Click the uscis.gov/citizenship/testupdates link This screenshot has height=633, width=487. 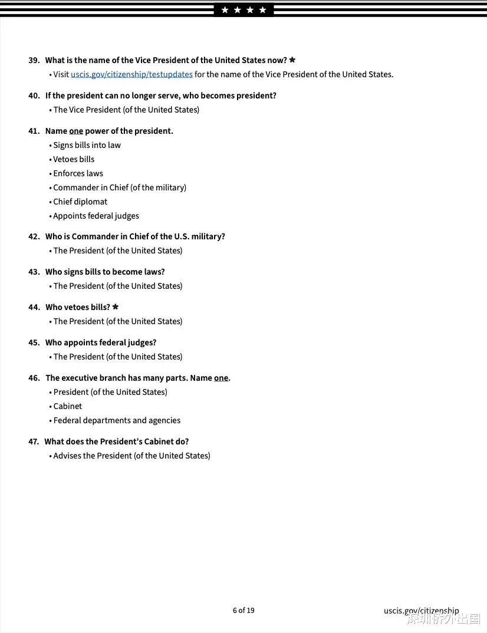click(131, 74)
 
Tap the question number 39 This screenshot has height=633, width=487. click(34, 60)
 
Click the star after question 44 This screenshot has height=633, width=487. click(116, 307)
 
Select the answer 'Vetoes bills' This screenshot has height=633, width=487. click(74, 159)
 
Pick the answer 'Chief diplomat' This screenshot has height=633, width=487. click(80, 202)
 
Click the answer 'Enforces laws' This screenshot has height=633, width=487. click(78, 173)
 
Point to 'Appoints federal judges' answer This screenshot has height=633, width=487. click(96, 216)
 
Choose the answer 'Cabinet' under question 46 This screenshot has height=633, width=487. click(68, 406)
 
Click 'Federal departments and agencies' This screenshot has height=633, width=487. click(117, 420)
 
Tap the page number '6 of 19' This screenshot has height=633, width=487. click(244, 610)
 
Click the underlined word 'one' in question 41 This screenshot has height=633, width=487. click(76, 131)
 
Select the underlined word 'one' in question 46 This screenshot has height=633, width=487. click(221, 378)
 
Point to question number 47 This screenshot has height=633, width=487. click(34, 441)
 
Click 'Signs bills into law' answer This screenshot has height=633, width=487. click(87, 145)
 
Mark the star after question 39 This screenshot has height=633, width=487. click(292, 60)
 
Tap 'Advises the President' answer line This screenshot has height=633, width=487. click(131, 456)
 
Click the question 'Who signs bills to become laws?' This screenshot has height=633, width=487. click(105, 272)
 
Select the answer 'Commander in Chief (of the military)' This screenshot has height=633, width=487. click(120, 187)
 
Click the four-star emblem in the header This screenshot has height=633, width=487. click(244, 10)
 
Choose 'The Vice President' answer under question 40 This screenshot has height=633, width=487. click(126, 110)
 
